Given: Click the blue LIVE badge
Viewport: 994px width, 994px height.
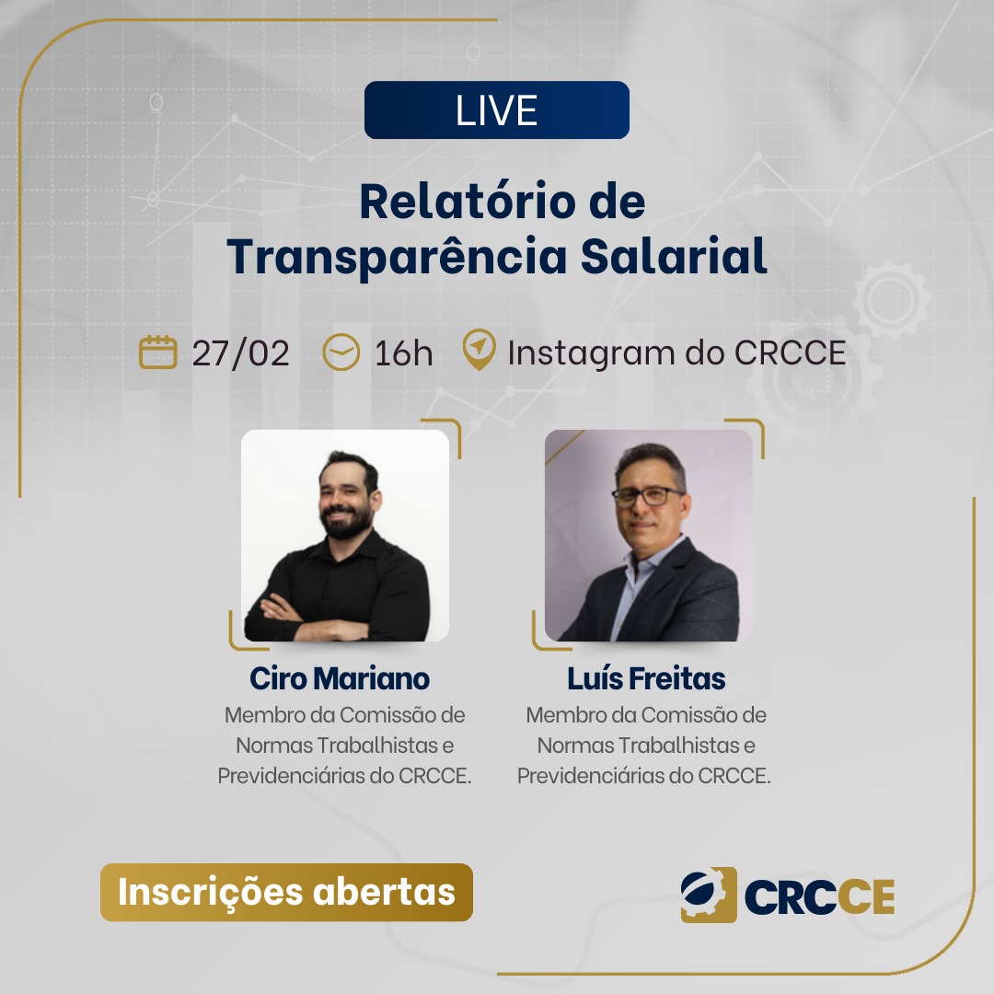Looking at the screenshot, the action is [496, 110].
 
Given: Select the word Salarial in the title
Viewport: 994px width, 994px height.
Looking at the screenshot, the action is [673, 256].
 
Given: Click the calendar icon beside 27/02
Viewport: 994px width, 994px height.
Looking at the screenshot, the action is [158, 352].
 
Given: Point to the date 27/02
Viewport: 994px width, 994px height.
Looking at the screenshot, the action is [241, 353].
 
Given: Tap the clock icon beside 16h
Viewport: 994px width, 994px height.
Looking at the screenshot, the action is [341, 352].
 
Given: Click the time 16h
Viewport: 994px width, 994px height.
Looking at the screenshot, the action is [404, 353].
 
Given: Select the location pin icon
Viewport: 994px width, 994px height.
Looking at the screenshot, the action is [480, 350].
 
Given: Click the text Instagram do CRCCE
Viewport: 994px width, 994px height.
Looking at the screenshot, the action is [677, 353].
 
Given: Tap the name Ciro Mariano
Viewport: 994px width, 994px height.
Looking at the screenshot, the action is [340, 678].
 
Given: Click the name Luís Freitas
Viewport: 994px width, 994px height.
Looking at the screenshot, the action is [647, 678].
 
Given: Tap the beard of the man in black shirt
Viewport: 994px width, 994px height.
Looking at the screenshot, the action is [345, 521].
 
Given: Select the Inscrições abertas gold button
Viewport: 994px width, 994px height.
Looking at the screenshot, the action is [286, 892].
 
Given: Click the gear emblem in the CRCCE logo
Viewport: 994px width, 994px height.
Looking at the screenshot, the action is [709, 895].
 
